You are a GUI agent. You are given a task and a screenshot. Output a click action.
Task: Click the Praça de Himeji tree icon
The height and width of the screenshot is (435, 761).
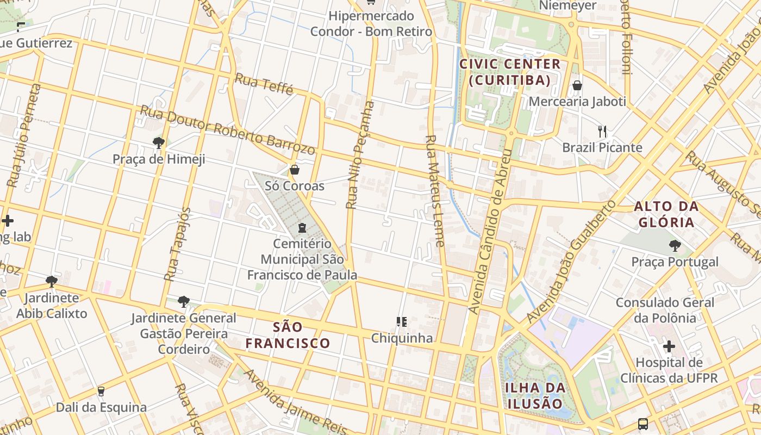pyautogui.click(x=159, y=143)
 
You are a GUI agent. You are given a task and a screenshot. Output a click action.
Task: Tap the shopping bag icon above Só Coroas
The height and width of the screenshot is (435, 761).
pyautogui.click(x=295, y=170)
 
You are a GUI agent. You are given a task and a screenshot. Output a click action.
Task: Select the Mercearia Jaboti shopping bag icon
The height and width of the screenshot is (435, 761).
pyautogui.click(x=577, y=85)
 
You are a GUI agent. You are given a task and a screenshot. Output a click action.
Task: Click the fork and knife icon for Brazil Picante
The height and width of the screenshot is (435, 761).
pyautogui.click(x=602, y=131)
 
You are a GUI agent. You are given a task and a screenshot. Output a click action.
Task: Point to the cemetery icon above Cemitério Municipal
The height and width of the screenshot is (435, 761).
pyautogui.click(x=302, y=227)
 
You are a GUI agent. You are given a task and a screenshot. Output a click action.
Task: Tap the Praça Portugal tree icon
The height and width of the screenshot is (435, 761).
pyautogui.click(x=675, y=246)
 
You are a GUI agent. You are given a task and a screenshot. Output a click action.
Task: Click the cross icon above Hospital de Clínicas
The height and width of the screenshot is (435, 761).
pyautogui.click(x=669, y=346)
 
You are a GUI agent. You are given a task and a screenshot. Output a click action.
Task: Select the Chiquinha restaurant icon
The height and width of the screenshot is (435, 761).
pyautogui.click(x=402, y=322)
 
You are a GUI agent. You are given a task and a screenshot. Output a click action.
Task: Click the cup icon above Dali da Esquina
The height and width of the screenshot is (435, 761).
pyautogui.click(x=101, y=391)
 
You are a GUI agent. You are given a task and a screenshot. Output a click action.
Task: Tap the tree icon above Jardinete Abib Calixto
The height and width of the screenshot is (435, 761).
pyautogui.click(x=52, y=282)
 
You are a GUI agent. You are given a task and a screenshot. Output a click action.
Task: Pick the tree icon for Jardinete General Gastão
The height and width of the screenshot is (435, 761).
pyautogui.click(x=184, y=301)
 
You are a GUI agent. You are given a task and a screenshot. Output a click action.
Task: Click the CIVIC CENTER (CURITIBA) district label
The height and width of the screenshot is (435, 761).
pyautogui.click(x=510, y=72)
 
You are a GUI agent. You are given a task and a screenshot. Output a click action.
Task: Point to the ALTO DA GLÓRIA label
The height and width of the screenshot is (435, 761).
pyautogui.click(x=666, y=214)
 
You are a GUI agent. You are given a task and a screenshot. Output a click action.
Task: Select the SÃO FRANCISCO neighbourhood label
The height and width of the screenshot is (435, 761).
pyautogui.click(x=288, y=335)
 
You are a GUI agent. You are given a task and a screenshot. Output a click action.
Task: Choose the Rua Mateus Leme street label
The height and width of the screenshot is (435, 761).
pyautogui.click(x=435, y=190)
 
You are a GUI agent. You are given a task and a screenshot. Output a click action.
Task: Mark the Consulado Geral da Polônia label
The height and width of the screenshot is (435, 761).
pyautogui.click(x=665, y=310)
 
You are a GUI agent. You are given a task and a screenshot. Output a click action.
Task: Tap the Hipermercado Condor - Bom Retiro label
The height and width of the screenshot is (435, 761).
pyautogui.click(x=371, y=24)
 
